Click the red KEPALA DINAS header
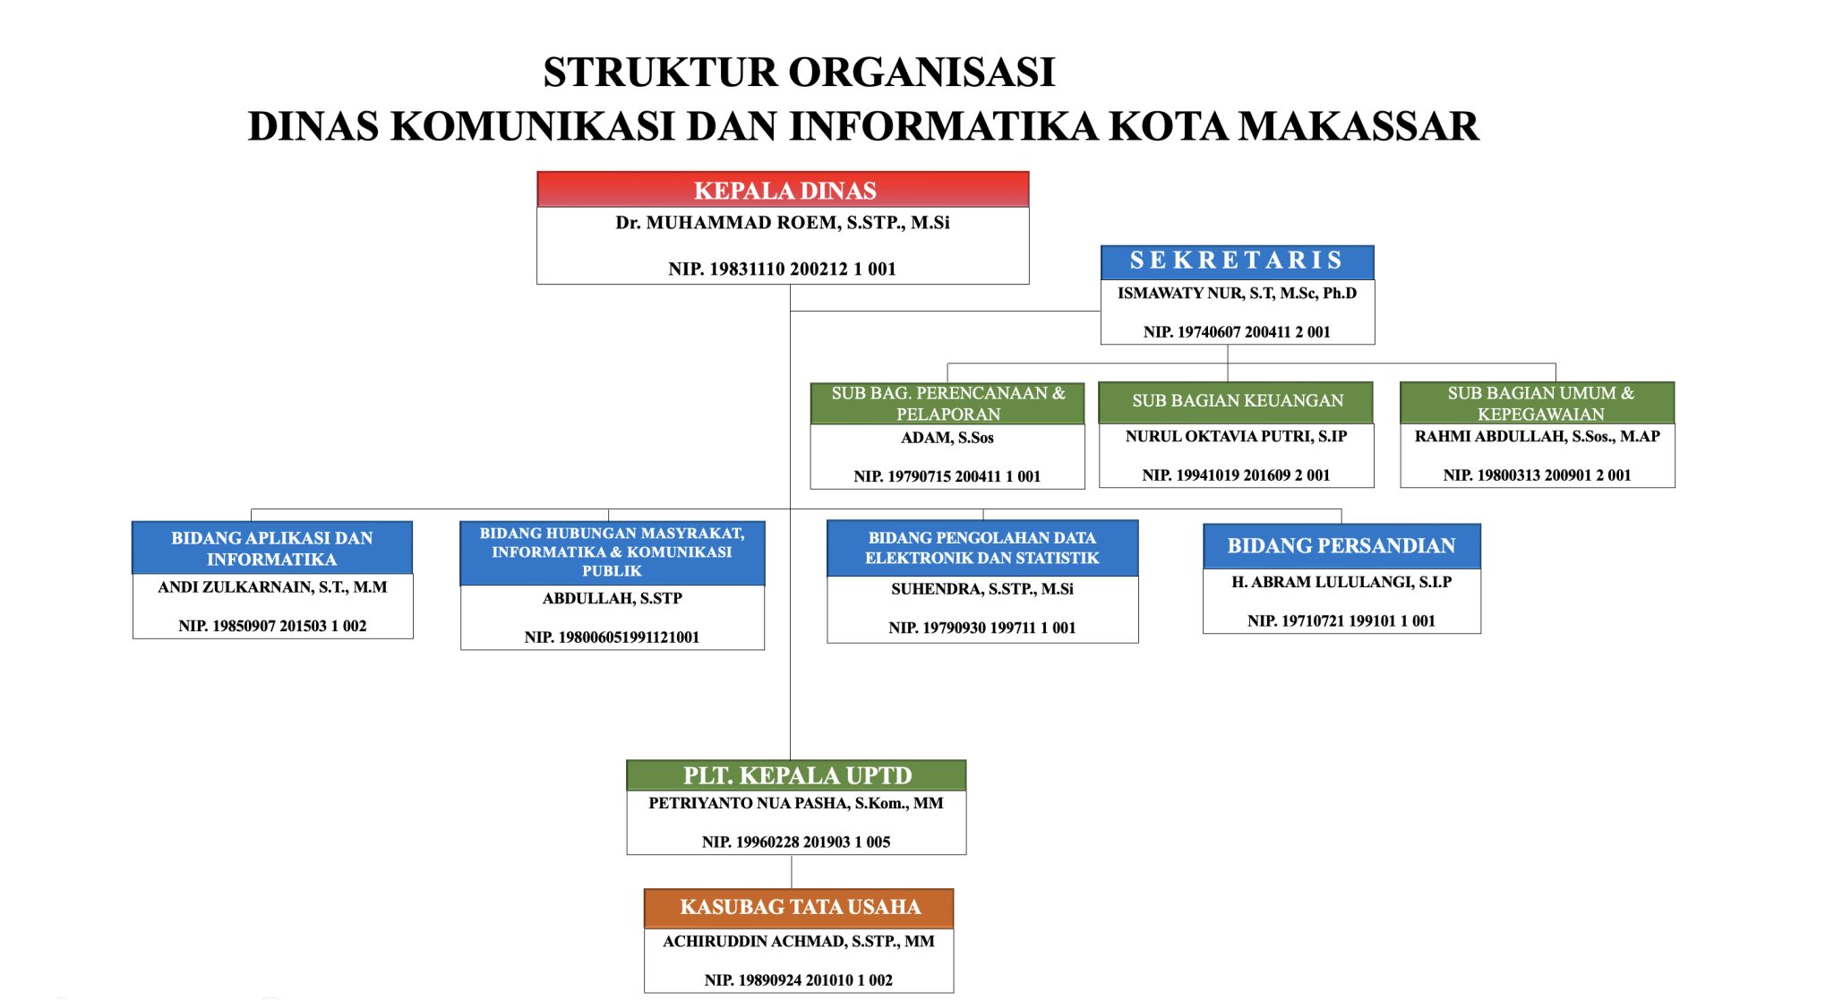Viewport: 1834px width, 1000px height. pos(784,190)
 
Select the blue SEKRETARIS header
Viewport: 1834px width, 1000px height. pos(1237,261)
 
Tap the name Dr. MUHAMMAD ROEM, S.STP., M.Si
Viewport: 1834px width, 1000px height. pos(782,223)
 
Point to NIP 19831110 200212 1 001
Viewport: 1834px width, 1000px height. pos(782,269)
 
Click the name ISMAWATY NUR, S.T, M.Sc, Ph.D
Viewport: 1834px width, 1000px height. pos(1237,294)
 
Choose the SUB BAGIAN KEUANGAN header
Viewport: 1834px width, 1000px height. pos(1237,401)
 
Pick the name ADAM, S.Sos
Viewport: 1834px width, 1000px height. pos(947,438)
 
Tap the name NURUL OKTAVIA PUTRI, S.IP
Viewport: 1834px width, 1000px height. pos(1236,437)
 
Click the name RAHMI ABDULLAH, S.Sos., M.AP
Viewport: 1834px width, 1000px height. pos(1537,437)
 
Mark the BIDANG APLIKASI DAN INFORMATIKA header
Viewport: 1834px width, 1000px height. pos(271,548)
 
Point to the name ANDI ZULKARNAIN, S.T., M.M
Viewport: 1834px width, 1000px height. pos(272,587)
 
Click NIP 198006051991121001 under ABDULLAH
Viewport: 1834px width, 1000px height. pos(612,637)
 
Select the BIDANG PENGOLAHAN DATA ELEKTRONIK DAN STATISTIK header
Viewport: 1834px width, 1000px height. pos(981,548)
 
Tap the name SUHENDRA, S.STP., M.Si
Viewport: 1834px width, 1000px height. pos(981,589)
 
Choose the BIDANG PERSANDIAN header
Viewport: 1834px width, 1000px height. pos(1341,546)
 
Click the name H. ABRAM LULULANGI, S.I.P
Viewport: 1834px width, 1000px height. pos(1341,582)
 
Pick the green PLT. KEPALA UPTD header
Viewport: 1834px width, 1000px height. pos(796,775)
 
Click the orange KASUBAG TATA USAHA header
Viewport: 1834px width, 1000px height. pos(799,908)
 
